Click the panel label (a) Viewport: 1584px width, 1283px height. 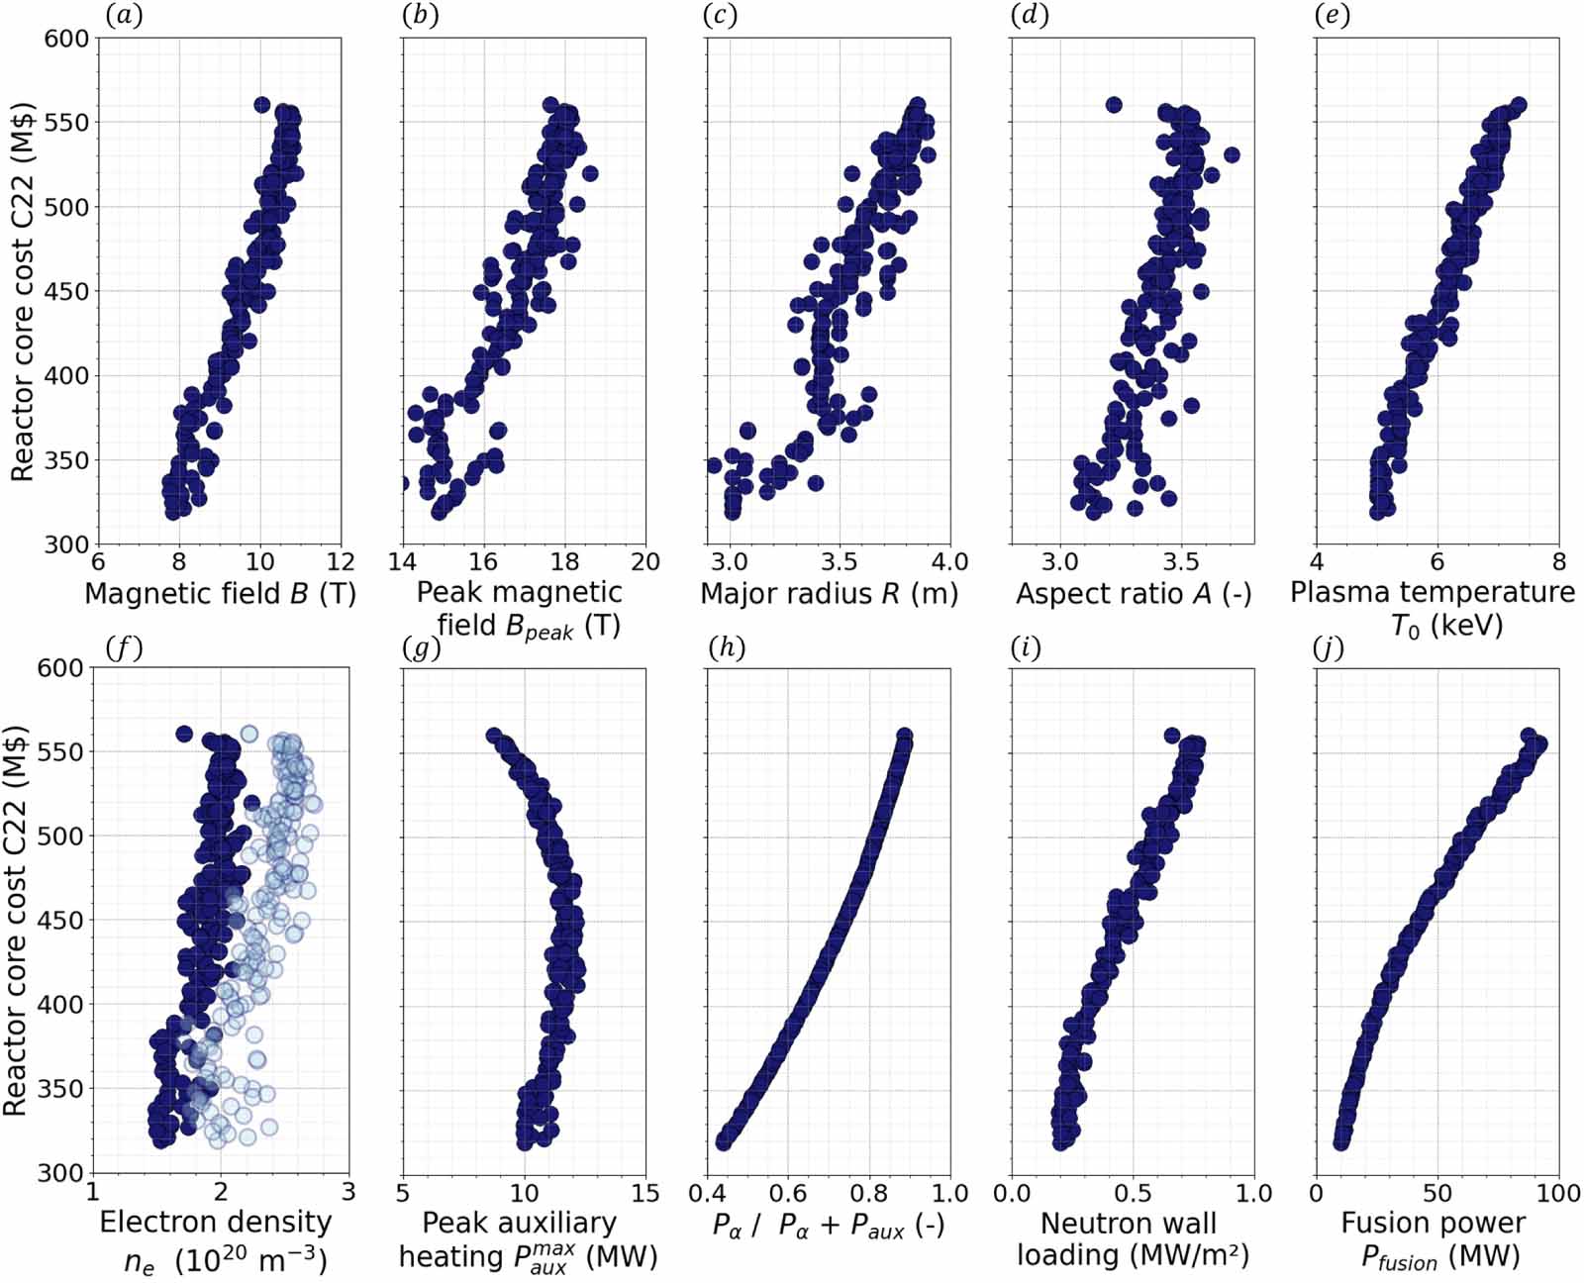click(124, 16)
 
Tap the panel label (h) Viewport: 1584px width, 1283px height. click(727, 647)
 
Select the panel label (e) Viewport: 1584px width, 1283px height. click(1332, 16)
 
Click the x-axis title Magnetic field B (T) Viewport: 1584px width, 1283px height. click(220, 594)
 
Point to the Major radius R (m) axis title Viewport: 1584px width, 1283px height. click(829, 594)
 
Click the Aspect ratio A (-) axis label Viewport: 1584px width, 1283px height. click(1134, 594)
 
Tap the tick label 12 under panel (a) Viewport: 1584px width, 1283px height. click(341, 562)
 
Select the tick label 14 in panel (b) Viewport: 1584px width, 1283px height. click(403, 562)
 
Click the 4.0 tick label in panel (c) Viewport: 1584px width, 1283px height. click(949, 562)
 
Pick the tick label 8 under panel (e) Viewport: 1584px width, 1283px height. click(1558, 562)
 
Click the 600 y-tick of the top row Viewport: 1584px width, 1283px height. click(66, 39)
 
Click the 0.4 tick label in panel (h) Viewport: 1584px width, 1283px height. click(707, 1193)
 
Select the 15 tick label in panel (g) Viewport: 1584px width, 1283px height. click(644, 1193)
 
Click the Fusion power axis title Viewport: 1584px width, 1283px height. click(1433, 1239)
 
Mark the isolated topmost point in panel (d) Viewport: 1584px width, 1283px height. click(1113, 105)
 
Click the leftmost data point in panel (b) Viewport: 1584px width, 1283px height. click(402, 484)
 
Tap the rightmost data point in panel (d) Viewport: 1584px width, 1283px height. click(1232, 155)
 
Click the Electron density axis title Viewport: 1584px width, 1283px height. click(215, 1239)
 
